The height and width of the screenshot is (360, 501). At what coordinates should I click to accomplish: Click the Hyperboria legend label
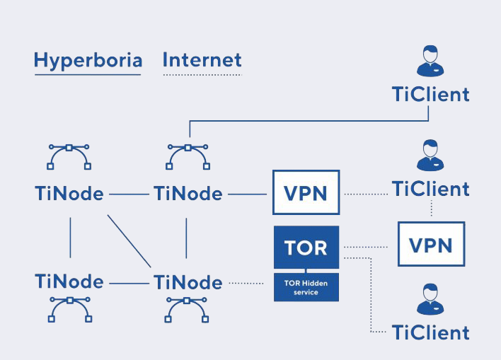coord(88,60)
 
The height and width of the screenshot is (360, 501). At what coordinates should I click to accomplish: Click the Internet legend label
coord(202,59)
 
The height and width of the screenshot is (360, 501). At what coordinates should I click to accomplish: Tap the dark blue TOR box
coord(306,248)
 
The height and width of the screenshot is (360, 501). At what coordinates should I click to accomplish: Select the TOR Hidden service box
coord(306,287)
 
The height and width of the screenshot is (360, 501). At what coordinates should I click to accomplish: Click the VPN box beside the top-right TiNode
coord(306,192)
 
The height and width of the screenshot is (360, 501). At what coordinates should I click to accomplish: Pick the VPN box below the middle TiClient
coord(432,244)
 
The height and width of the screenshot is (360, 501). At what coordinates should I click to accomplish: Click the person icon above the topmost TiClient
coord(430,61)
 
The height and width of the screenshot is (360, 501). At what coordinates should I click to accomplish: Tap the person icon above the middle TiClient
coord(430,155)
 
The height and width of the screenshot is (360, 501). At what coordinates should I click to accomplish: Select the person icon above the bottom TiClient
coord(430,299)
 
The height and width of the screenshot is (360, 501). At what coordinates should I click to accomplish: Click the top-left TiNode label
coord(69,194)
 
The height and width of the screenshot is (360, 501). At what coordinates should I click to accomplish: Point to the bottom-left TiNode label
coord(69,281)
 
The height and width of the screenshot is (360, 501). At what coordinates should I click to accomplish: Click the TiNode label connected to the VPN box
coord(188,194)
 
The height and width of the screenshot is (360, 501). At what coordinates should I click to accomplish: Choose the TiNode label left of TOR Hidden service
coord(188,282)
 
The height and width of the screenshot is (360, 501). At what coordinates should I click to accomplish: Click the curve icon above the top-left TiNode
coord(69,148)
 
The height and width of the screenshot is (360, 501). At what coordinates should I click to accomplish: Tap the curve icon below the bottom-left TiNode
coord(70,301)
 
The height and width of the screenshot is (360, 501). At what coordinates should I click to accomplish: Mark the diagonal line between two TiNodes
coord(129,241)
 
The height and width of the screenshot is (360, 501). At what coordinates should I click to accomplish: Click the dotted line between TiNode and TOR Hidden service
coord(246,283)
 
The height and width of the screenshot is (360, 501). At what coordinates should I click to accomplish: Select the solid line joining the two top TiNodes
coord(129,194)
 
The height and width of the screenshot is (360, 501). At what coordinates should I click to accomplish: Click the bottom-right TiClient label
coord(431,332)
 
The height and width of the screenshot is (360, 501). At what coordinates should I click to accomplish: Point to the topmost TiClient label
coord(431,94)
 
